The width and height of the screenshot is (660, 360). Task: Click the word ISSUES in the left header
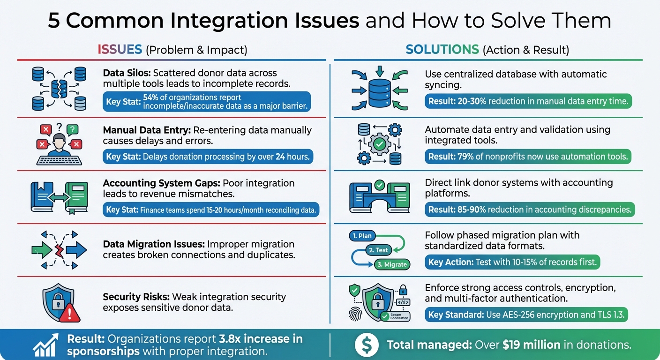pos(120,50)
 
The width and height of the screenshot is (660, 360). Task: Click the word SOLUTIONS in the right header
pos(442,50)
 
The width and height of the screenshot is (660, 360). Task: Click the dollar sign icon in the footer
pos(367,345)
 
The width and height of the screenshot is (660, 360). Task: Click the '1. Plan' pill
pos(362,236)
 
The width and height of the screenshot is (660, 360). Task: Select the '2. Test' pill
pos(378,250)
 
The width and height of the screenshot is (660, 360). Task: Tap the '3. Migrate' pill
pos(392,264)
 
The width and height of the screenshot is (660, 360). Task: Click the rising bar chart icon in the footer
pos(46,345)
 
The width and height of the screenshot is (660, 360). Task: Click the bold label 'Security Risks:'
pos(136,297)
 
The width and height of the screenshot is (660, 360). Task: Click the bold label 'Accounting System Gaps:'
pos(161,183)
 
